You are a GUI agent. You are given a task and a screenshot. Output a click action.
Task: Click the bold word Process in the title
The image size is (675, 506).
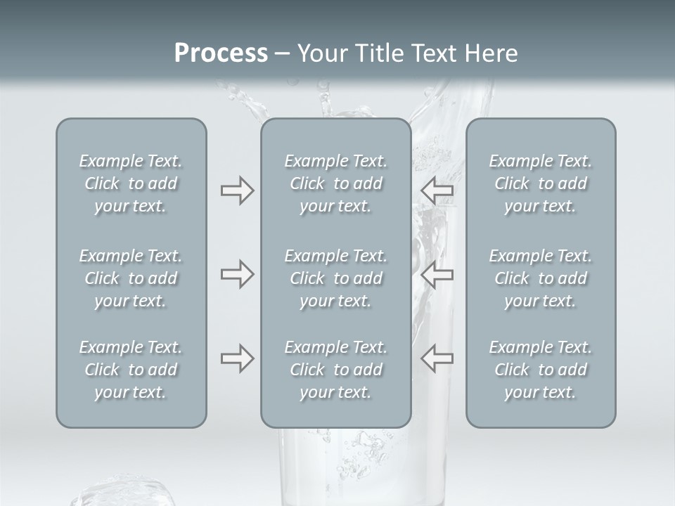point(221,53)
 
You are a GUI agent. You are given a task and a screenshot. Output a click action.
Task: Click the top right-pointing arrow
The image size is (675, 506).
point(237,190)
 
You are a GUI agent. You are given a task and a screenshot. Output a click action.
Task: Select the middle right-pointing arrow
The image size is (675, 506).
point(237,274)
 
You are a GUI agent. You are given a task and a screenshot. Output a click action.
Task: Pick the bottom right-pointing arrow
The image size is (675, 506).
point(237,358)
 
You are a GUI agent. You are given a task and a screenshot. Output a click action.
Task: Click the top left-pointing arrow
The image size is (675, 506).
point(437,190)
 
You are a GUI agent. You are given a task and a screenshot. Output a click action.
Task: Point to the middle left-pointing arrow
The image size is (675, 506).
point(437,274)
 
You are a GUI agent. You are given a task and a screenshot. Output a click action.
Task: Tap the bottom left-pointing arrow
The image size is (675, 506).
point(437,358)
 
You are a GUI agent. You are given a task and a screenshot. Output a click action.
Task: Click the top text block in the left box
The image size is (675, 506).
point(131,183)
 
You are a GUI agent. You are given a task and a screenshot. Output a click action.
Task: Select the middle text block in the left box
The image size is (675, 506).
point(131,278)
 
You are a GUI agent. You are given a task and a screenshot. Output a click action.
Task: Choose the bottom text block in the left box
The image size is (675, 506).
point(131,370)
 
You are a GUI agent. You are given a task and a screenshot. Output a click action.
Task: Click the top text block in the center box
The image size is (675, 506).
point(335,183)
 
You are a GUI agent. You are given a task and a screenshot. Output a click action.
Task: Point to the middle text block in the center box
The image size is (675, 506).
point(335,278)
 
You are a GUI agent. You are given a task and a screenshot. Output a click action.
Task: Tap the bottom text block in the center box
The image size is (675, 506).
point(335,370)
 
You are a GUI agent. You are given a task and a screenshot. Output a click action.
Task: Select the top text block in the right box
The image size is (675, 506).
point(540,183)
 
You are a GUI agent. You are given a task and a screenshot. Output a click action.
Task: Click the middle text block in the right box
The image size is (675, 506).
point(540,278)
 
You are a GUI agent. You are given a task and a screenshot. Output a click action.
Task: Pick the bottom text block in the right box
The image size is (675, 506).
point(540,370)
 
